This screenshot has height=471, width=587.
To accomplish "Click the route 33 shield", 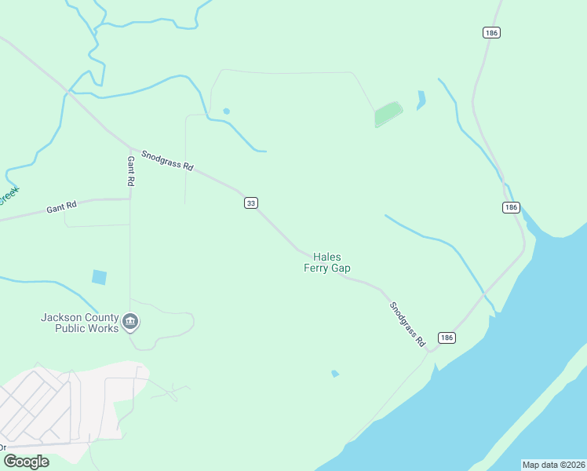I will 250,203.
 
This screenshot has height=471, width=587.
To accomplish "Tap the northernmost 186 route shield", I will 491,33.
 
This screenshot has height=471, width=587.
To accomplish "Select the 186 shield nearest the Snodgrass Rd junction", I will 447,338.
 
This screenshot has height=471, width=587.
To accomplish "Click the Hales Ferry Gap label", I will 327,262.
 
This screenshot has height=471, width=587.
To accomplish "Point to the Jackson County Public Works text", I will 79,323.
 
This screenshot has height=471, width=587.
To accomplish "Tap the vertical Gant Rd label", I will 131,170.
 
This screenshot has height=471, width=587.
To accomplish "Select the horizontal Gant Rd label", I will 61,207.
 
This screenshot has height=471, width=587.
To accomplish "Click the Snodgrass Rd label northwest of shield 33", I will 167,159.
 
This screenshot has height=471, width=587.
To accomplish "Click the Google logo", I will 26,461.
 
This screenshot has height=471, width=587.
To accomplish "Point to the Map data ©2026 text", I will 552,465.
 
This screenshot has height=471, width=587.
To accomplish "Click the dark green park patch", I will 388,115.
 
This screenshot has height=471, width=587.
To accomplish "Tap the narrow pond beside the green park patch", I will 421,100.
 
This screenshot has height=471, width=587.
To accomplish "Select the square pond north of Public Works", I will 100,276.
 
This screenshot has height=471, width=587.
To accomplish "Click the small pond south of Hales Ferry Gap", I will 335,374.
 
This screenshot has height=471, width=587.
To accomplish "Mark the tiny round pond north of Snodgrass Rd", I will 227,111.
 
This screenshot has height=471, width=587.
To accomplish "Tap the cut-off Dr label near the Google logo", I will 3,447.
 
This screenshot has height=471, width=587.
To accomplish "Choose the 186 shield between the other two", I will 511,207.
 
